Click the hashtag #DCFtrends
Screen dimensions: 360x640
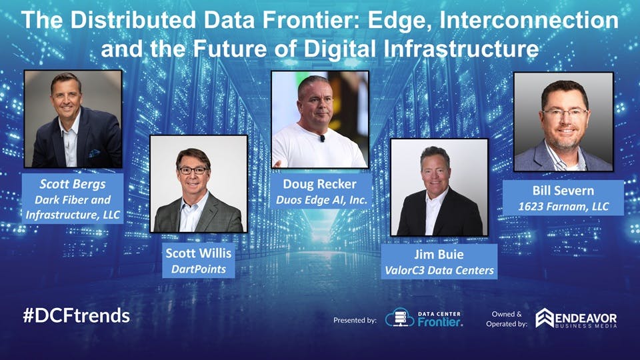tap(76, 315)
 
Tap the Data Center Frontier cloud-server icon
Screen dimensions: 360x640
tap(399, 317)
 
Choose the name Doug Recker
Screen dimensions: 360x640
tap(319, 183)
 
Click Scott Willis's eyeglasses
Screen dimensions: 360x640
tap(192, 171)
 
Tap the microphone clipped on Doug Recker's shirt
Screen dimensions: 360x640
tap(322, 139)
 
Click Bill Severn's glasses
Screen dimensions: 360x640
tap(564, 113)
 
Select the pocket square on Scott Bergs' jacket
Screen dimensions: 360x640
tap(95, 153)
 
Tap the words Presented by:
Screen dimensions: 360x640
tap(355, 321)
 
